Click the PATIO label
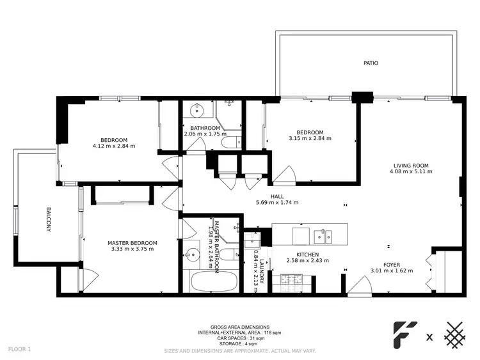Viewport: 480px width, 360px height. point(370,63)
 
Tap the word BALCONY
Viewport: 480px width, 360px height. point(48,219)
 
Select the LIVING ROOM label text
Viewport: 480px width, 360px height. point(410,166)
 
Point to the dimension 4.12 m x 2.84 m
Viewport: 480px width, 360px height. point(114,146)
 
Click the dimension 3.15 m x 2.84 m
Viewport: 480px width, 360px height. point(310,138)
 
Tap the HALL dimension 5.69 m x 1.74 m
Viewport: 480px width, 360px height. point(276,202)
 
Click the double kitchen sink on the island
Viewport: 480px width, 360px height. point(322,236)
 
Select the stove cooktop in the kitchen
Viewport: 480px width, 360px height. point(292,279)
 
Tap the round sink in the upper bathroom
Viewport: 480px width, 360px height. point(196,111)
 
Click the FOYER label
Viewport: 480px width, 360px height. point(392,263)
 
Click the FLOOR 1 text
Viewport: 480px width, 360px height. point(20,349)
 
